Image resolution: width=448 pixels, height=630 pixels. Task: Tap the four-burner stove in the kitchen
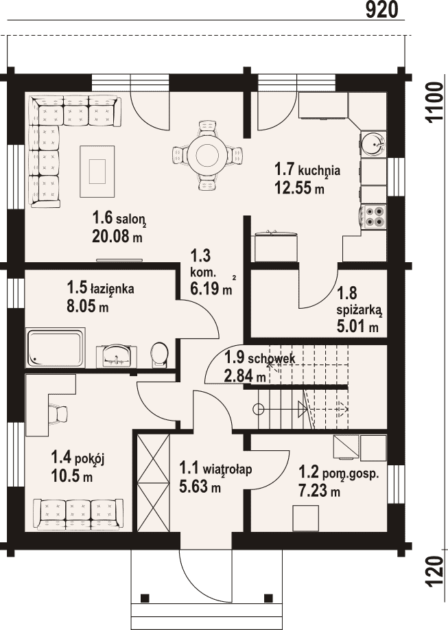click(373, 216)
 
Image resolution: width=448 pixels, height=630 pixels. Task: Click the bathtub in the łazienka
click(55, 347)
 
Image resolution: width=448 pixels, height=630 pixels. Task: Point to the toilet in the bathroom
click(161, 354)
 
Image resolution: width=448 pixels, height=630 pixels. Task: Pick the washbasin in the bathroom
click(117, 355)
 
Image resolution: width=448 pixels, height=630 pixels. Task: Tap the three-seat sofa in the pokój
click(78, 514)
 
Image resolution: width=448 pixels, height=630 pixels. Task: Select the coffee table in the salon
click(97, 171)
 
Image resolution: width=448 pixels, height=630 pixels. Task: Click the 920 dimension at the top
click(381, 10)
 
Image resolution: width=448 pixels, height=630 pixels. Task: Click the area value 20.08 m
click(117, 236)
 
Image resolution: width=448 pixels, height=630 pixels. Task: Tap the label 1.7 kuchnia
click(307, 170)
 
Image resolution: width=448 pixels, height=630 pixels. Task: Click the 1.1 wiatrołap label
click(215, 469)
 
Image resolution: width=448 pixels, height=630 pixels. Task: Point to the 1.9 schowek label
click(259, 357)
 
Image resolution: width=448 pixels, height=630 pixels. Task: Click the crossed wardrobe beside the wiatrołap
click(153, 482)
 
